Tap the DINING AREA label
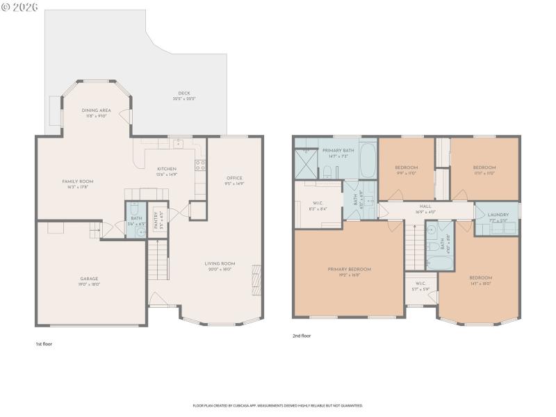[x=96, y=111]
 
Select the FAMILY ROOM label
[x=78, y=181]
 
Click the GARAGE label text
[x=89, y=279]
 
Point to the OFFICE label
[x=234, y=179]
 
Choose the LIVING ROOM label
[x=220, y=263]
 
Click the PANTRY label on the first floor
[x=160, y=221]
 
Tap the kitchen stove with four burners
[x=199, y=165]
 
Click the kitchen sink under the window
[x=179, y=144]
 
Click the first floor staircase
[x=158, y=259]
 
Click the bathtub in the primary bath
[x=368, y=160]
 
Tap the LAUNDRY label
[x=498, y=215]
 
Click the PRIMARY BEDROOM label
[x=350, y=269]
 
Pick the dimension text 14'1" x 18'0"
[x=480, y=284]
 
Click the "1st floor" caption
[x=44, y=343]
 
